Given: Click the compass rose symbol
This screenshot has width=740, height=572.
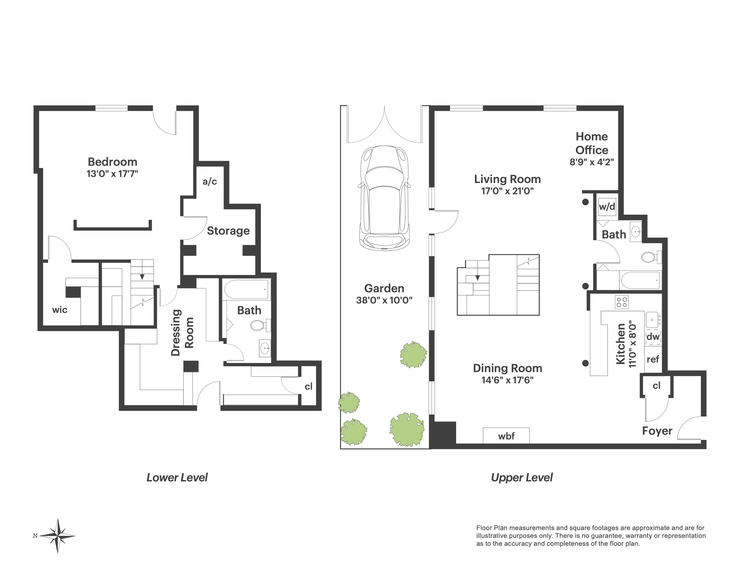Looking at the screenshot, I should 58,536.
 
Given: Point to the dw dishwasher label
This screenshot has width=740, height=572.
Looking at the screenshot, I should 653,337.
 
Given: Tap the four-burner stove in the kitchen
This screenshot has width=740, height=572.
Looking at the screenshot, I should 622,302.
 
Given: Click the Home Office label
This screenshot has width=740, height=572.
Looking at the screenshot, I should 591,143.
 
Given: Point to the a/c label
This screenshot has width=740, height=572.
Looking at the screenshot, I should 210,182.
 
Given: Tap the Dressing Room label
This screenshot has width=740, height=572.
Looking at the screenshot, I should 182,332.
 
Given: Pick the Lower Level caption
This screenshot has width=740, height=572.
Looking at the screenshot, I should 177,477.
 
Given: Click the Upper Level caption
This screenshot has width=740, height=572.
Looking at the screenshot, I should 522,477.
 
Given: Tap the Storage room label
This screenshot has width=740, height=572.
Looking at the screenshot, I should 228,231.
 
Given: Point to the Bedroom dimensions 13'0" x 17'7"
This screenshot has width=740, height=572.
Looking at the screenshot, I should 112,174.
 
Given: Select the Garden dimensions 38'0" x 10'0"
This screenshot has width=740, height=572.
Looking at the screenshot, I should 384,300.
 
